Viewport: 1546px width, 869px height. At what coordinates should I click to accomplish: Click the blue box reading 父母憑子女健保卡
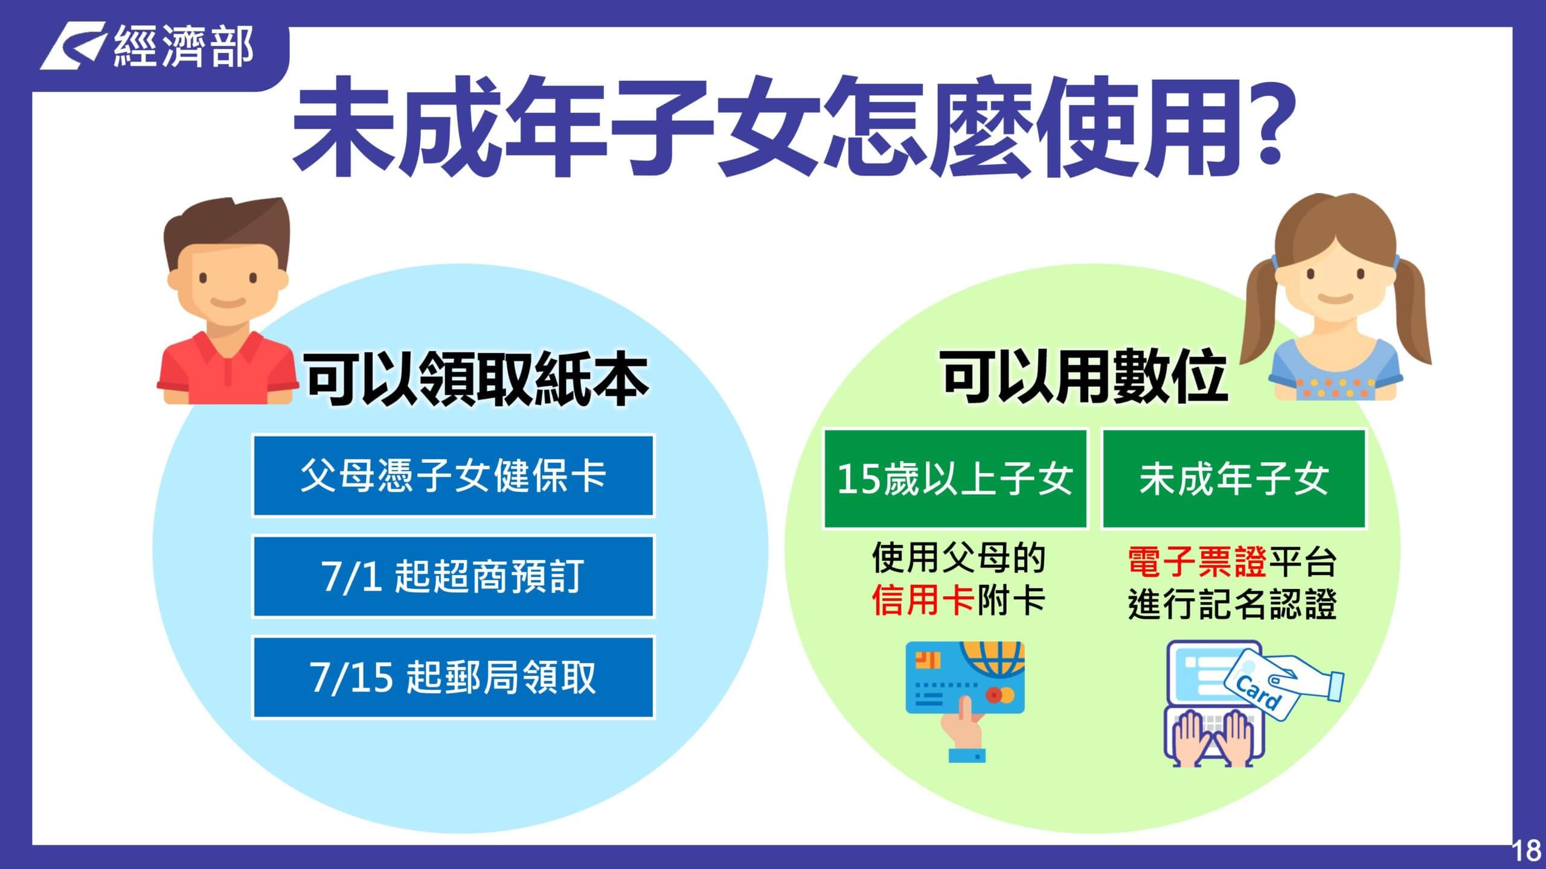[453, 476]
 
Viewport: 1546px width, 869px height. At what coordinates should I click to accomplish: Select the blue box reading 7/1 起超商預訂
[453, 576]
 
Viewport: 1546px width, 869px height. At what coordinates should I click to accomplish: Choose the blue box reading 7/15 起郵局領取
[453, 676]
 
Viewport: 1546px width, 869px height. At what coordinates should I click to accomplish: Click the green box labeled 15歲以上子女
[955, 479]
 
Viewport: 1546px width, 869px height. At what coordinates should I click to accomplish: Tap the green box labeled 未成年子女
[1234, 479]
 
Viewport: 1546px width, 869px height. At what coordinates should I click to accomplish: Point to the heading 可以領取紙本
[477, 379]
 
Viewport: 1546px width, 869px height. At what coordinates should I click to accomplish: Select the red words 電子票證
[1198, 561]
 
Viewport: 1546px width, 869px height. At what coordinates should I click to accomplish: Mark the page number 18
[1527, 851]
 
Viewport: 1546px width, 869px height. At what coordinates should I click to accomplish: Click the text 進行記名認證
[1233, 603]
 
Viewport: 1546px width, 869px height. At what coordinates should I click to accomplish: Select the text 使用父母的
[958, 558]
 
